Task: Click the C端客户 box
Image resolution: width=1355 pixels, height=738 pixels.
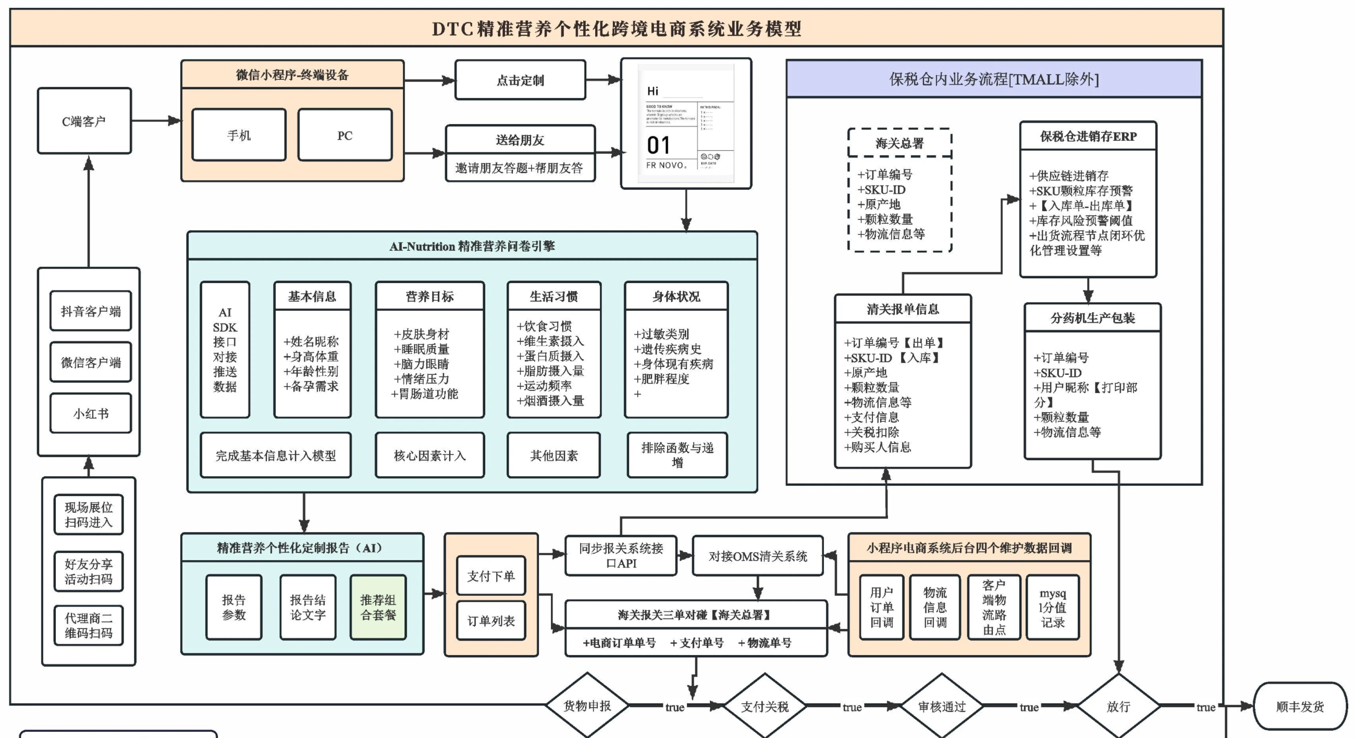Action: pyautogui.click(x=84, y=121)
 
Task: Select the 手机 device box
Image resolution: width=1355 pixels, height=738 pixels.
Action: pyautogui.click(x=239, y=135)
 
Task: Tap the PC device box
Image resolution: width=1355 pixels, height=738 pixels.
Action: pyautogui.click(x=344, y=135)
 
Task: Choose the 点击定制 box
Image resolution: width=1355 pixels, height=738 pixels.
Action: pyautogui.click(x=520, y=80)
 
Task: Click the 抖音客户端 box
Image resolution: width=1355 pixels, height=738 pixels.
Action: pyautogui.click(x=91, y=311)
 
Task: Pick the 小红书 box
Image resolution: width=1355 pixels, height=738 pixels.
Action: pyautogui.click(x=91, y=413)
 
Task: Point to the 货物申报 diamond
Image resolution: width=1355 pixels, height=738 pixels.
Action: pyautogui.click(x=587, y=706)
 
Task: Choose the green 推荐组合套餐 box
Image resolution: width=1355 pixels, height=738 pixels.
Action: pyautogui.click(x=378, y=607)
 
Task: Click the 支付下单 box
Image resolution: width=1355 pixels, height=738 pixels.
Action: pyautogui.click(x=491, y=575)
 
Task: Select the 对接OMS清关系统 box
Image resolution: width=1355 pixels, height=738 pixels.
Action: pyautogui.click(x=757, y=556)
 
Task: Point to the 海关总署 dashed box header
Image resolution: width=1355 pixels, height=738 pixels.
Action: pyautogui.click(x=900, y=143)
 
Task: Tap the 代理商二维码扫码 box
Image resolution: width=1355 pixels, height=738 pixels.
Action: pyautogui.click(x=89, y=625)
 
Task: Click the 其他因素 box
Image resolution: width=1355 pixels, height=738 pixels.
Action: pyautogui.click(x=553, y=456)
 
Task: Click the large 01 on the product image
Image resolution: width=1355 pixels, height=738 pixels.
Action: pyautogui.click(x=659, y=145)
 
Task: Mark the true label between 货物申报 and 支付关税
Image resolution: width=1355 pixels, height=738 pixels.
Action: pyautogui.click(x=674, y=707)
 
